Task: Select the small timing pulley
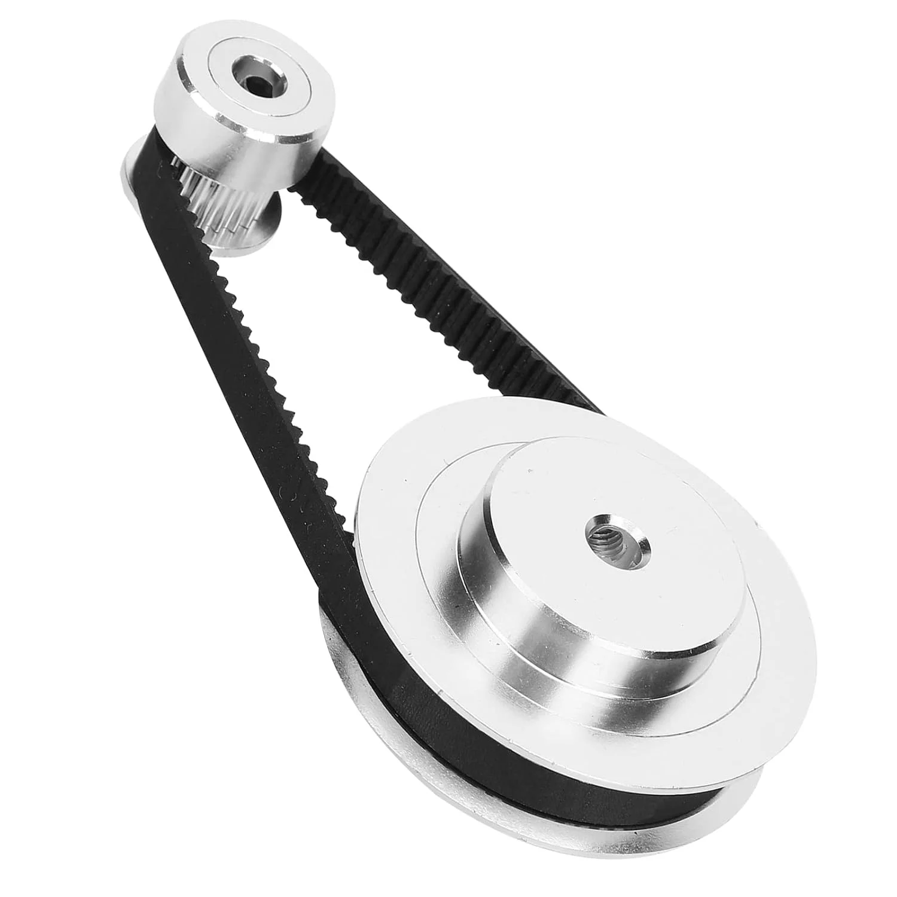point(239,120)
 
